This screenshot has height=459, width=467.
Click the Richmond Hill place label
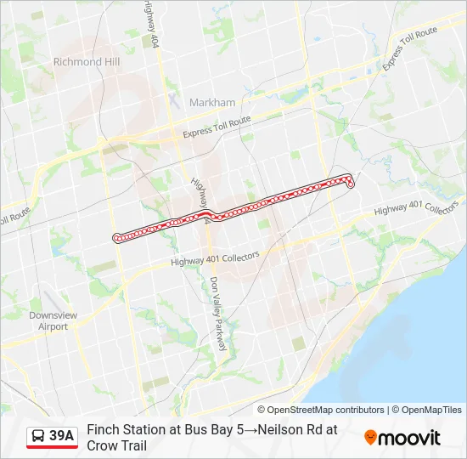tap(87, 62)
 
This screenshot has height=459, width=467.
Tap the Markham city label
tap(212, 103)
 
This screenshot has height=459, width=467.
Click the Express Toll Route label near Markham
tap(218, 128)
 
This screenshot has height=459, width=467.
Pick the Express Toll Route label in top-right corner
tap(410, 48)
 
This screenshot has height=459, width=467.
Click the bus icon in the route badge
tap(39, 437)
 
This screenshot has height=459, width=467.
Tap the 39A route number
tap(62, 437)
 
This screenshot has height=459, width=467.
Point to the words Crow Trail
tap(116, 445)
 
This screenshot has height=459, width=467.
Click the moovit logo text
tap(409, 438)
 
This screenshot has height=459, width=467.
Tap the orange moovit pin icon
tap(370, 438)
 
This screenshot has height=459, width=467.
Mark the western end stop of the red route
tap(116, 237)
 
